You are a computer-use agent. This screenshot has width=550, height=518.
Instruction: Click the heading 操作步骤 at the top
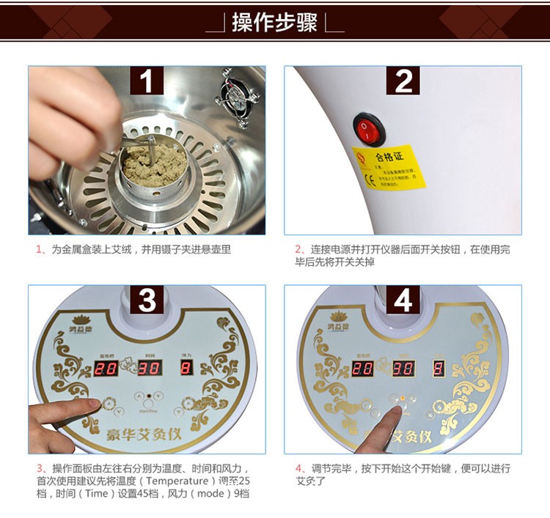tap(274, 22)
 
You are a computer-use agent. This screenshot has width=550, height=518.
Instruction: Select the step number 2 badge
tap(403, 81)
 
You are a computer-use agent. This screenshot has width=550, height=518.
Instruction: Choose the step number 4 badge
tap(403, 300)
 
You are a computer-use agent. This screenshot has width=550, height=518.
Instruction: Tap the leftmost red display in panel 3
tap(108, 370)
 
